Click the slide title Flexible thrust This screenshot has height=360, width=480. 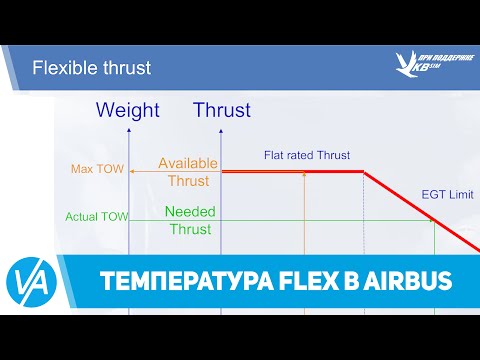91,68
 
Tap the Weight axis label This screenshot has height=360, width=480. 126,110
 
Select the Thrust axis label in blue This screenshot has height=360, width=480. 222,110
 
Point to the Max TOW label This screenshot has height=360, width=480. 98,169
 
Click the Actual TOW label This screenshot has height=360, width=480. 95,216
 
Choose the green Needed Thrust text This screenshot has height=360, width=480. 189,220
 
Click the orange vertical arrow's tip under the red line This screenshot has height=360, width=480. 304,176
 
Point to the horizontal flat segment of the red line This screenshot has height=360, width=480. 290,172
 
